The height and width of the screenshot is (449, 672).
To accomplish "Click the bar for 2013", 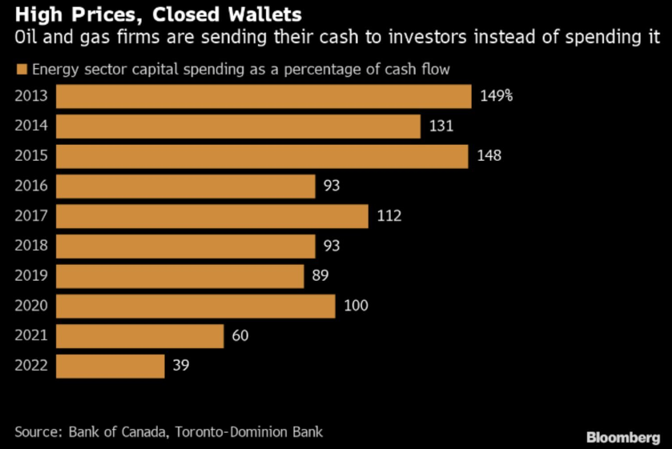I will [x=264, y=96].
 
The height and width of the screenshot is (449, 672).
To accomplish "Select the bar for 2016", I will [x=186, y=186].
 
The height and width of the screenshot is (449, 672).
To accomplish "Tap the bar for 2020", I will [x=195, y=306].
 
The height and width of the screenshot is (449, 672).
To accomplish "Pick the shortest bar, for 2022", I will [x=111, y=366].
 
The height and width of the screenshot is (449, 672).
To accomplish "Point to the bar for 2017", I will [x=212, y=216].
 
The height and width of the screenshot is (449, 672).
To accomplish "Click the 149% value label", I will [x=496, y=96].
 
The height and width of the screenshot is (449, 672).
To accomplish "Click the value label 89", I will [x=320, y=276].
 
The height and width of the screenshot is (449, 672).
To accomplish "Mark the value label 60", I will [x=240, y=336].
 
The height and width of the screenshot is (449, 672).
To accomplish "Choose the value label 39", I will [x=181, y=366].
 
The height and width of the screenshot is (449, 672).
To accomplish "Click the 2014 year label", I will [x=31, y=126].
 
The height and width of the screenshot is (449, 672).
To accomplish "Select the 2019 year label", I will [x=31, y=276].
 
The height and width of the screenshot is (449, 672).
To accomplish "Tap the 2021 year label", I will [x=31, y=336].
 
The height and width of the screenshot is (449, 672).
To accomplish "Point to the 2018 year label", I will [x=31, y=246].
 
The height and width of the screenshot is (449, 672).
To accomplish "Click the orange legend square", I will [x=21, y=70].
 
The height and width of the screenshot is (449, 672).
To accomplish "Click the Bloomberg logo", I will [x=623, y=437].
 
